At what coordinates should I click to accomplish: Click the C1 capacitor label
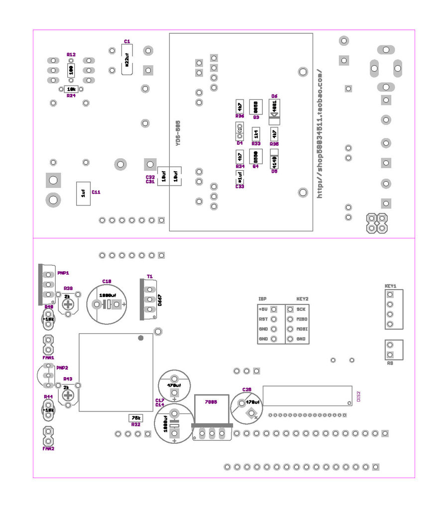(x=127, y=42)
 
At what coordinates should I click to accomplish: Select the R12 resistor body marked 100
(x=71, y=70)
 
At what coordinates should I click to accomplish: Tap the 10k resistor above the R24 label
(x=71, y=89)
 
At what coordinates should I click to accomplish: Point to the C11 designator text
(x=96, y=192)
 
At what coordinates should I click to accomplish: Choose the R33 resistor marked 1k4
(x=255, y=133)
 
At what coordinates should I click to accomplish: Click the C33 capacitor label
(x=240, y=187)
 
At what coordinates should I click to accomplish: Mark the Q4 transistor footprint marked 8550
(x=255, y=156)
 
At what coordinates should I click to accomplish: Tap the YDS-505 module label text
(x=178, y=133)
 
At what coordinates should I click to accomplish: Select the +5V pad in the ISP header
(x=273, y=309)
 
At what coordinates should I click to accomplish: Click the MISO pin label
(x=301, y=319)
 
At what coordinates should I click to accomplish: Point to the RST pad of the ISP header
(x=273, y=319)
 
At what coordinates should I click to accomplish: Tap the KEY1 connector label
(x=390, y=286)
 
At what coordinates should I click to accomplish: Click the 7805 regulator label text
(x=211, y=403)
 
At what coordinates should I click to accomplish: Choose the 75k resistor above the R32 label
(x=135, y=417)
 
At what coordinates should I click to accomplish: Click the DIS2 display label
(x=358, y=397)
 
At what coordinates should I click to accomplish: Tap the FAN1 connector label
(x=48, y=357)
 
